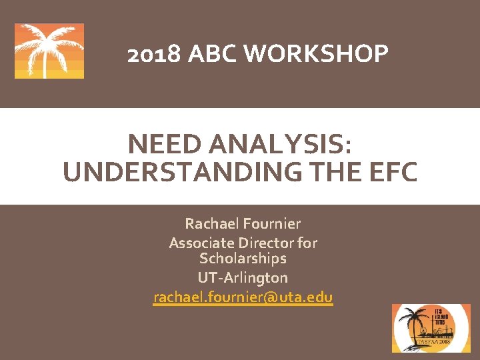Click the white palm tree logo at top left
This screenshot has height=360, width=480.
click(49, 51)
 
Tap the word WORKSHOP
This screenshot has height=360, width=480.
click(317, 54)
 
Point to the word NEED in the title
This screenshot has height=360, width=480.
click(161, 143)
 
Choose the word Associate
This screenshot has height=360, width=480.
click(199, 243)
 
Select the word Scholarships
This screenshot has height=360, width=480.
click(243, 258)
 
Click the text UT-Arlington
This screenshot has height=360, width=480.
click(243, 277)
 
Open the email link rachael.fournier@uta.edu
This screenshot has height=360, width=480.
click(243, 297)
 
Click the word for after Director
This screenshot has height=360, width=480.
click(305, 243)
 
